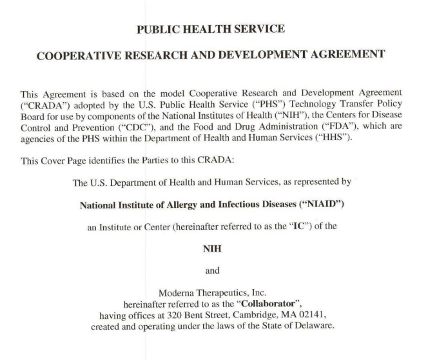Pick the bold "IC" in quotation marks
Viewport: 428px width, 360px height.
pyautogui.click(x=271, y=227)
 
